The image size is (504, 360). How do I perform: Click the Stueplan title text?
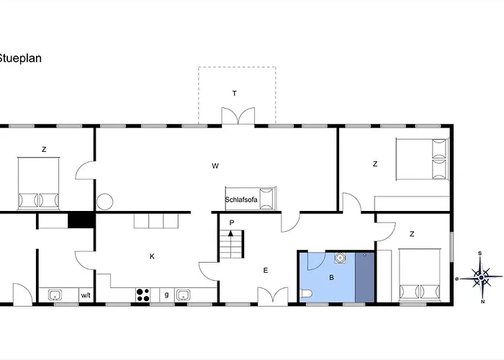tap(20, 58)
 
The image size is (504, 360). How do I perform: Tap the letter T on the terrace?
tap(234, 94)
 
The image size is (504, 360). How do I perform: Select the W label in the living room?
tap(215, 166)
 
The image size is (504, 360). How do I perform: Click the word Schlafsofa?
tap(241, 199)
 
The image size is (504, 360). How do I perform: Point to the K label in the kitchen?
tap(152, 256)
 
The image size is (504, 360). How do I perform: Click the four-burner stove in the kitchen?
tap(143, 294)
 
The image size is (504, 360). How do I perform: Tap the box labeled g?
tap(167, 294)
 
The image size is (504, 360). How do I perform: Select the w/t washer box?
tap(86, 295)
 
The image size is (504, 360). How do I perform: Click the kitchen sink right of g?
tap(183, 294)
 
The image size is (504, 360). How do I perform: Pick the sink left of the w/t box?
tap(55, 294)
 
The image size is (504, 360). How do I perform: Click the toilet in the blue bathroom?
tap(306, 294)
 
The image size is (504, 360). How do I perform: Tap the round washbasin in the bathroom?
tap(340, 258)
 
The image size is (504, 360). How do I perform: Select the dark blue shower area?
tap(365, 277)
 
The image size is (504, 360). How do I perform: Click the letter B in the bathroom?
tap(332, 277)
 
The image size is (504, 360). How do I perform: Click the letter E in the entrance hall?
tap(266, 270)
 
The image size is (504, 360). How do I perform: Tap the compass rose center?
tap(481, 277)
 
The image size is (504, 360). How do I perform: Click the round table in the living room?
tap(105, 202)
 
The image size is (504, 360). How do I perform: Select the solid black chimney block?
tap(81, 220)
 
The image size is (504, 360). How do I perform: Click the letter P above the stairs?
tap(232, 222)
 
